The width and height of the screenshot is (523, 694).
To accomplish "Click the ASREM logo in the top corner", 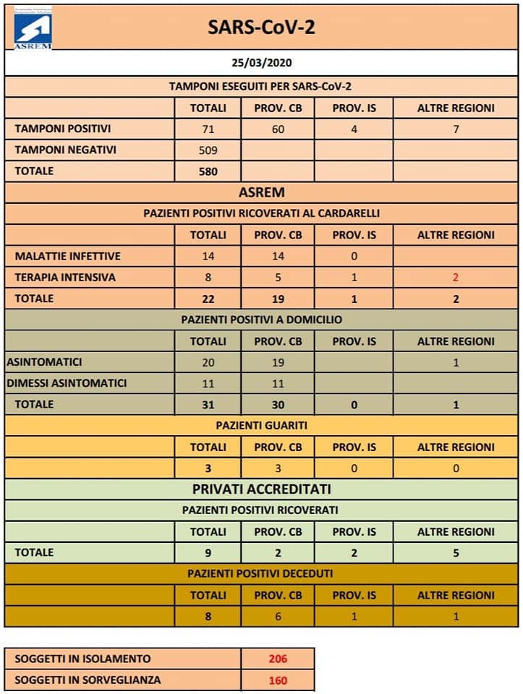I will [x=33, y=30].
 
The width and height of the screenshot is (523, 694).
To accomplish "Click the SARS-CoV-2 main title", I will [x=261, y=27].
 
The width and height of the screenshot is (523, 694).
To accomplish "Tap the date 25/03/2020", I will [x=261, y=63].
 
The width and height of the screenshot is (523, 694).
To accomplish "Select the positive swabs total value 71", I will [x=208, y=130].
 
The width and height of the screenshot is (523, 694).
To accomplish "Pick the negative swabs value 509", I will [x=208, y=150].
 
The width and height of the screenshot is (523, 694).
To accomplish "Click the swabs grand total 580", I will [x=208, y=171].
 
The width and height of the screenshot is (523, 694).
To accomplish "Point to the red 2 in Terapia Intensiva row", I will [x=456, y=277].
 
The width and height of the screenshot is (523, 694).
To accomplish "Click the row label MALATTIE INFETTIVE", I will [x=68, y=256].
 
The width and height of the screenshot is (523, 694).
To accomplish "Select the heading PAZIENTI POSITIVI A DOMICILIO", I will [x=261, y=319].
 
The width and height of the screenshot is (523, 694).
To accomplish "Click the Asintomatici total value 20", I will [x=208, y=362].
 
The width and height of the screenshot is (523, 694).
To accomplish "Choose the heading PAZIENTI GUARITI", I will [x=261, y=425].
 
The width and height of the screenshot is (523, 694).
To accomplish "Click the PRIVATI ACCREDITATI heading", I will [x=261, y=489].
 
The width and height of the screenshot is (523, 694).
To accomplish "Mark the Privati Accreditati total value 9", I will [x=208, y=553].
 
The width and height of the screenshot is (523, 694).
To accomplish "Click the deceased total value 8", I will [x=208, y=617].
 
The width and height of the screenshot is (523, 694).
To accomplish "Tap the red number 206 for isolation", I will [x=278, y=659].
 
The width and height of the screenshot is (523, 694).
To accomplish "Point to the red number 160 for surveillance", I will [x=278, y=680].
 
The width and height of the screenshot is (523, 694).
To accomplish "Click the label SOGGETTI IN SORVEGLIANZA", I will [x=88, y=680].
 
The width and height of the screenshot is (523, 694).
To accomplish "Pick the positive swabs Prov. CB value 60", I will [x=278, y=130].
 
